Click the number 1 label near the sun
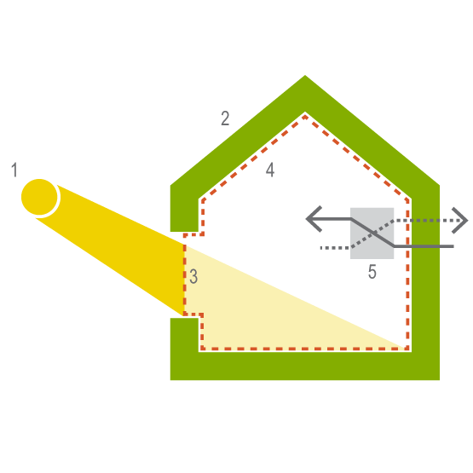14,170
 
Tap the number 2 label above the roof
225,118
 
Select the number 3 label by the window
193,276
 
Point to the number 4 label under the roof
270,170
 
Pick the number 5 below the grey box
372,272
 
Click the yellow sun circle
39,197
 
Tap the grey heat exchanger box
372,234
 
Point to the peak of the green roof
305,75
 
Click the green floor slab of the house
305,366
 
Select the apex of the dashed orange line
305,117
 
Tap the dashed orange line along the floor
305,349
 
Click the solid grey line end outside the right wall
453,246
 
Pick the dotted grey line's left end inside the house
321,248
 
